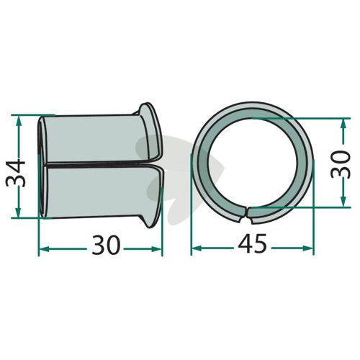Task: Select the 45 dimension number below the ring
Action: tap(252, 244)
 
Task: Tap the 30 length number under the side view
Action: tap(106, 246)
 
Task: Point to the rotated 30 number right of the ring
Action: tap(341, 165)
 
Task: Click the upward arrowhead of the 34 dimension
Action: tap(19, 122)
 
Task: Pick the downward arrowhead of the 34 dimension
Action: tap(19, 212)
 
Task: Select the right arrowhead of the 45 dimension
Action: tap(307, 248)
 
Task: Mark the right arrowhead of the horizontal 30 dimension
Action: tap(156, 249)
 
